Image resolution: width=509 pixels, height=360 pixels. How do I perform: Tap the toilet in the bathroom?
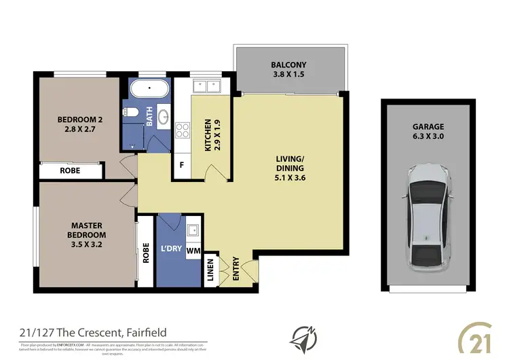tap(132, 112)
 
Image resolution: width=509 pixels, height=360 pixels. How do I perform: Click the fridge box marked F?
tap(182, 165)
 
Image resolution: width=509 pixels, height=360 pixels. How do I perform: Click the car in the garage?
tap(428, 216)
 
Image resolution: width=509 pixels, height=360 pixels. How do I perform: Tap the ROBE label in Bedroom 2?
tap(70, 170)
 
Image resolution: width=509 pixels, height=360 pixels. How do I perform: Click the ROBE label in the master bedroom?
tap(145, 253)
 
